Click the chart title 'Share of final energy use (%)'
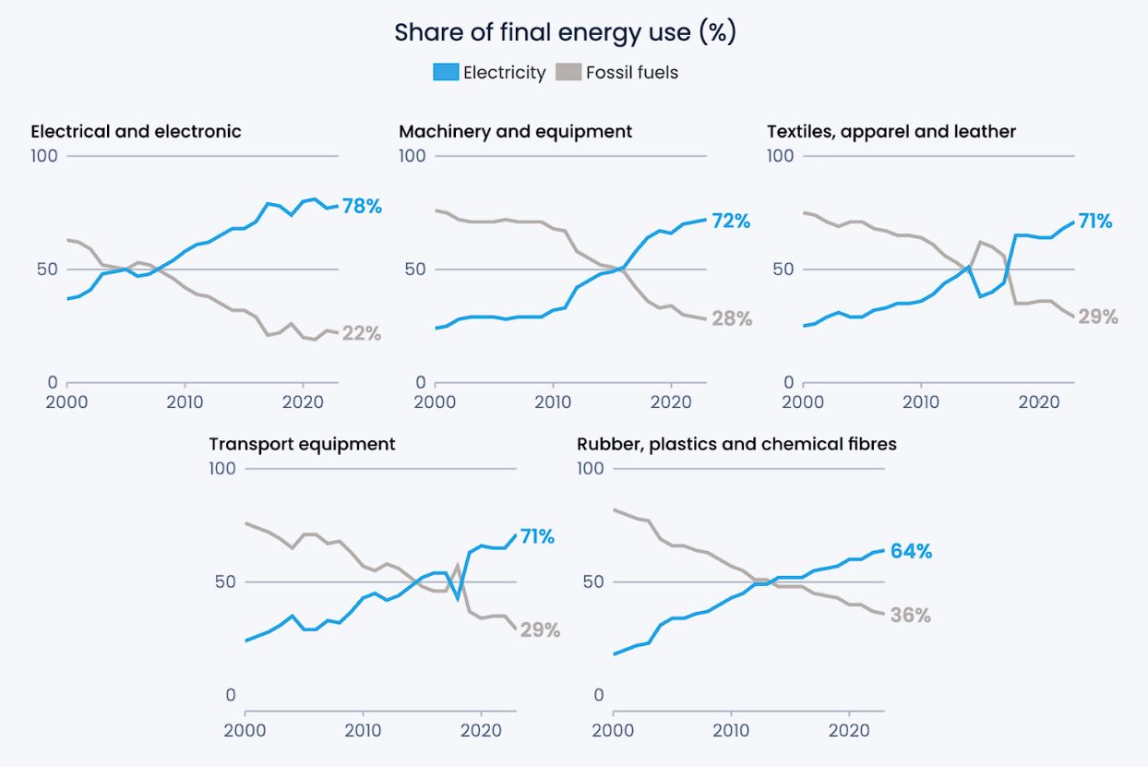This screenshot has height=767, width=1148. coord(566,32)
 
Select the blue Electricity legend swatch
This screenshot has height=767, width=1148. coord(446,72)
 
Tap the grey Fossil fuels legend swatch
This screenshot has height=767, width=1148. coord(568,72)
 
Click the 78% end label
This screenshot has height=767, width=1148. coord(362,206)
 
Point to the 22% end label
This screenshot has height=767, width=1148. coord(362,333)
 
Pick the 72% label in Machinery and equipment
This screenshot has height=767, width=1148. coord(731,221)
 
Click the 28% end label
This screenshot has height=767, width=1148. coord(732,318)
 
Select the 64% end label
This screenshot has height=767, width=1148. coord(911,551)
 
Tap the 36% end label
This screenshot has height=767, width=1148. coord(911,615)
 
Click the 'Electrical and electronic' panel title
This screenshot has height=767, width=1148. coord(136,131)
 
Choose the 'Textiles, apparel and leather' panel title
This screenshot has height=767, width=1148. coord(891,132)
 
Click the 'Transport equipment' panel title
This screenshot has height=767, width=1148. coord(302,444)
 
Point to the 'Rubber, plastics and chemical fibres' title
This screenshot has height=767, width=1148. coord(736,444)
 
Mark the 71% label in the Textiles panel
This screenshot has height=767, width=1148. coord(1095,221)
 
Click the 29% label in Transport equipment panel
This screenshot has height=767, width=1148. coord(540,629)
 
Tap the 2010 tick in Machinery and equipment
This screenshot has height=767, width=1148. coord(553,401)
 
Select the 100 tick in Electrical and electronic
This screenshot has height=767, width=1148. coord(44,156)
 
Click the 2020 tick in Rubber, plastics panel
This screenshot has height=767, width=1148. coord(849,730)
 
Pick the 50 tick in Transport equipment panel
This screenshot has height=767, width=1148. coord(225,581)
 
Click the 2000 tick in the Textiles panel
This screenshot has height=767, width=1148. coord(803,401)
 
